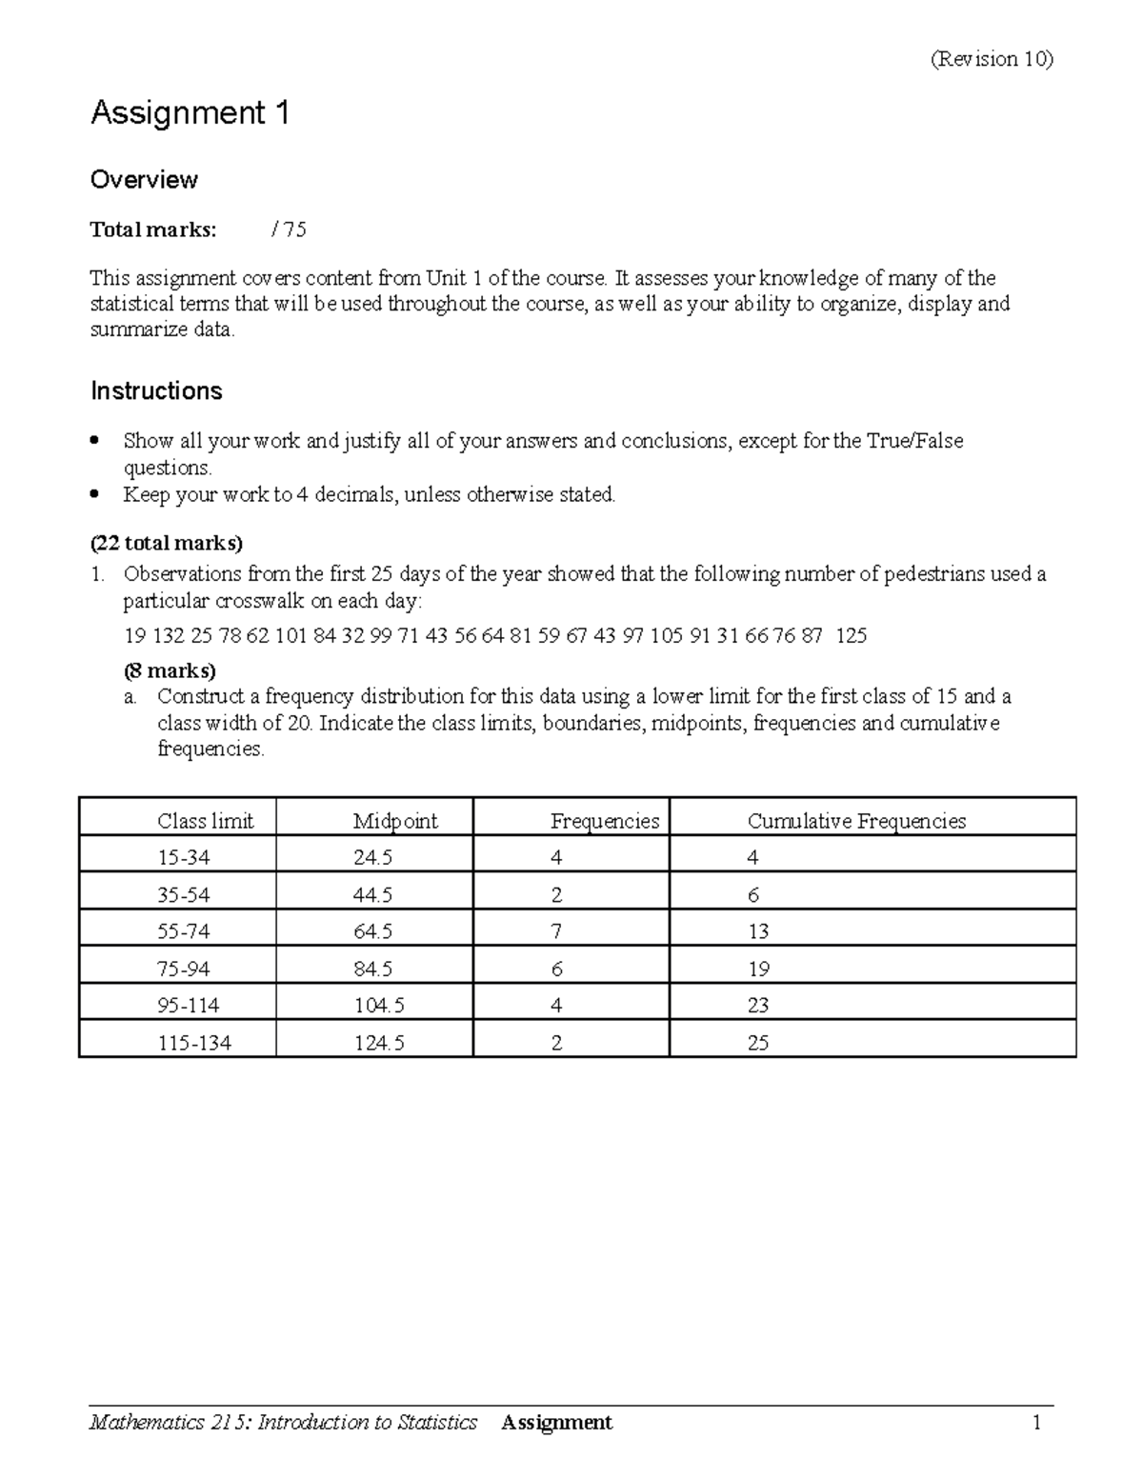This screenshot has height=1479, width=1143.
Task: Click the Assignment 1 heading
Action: [190, 114]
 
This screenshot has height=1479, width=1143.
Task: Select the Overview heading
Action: [144, 180]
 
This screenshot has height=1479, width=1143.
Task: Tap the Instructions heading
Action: [156, 391]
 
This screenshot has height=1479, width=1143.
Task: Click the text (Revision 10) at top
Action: [992, 59]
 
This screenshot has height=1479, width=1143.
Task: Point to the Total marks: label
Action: [153, 230]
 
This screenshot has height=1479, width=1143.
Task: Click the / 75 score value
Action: [289, 230]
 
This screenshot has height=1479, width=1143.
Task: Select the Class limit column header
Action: [206, 821]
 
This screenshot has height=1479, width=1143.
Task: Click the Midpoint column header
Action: [395, 821]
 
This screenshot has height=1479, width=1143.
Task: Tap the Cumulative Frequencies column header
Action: [856, 821]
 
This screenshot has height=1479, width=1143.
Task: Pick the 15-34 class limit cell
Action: [184, 858]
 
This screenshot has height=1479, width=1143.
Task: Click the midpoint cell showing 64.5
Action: [372, 931]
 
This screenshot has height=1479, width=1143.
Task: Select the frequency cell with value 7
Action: [556, 931]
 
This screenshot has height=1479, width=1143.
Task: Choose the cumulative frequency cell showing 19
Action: [758, 969]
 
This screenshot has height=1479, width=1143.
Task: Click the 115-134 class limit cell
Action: [194, 1043]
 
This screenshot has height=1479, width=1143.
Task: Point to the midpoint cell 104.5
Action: [379, 1006]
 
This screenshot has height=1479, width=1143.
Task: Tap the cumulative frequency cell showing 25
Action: [758, 1043]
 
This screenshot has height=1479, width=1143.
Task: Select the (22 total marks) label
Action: [167, 544]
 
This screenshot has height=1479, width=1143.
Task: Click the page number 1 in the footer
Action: [1036, 1423]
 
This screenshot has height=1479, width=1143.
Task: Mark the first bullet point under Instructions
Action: [93, 441]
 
